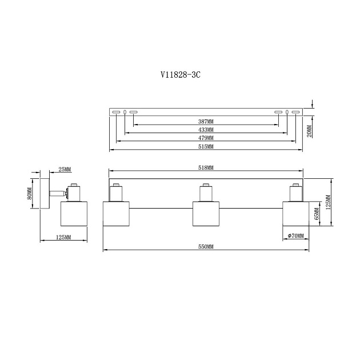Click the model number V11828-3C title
(x=181, y=75)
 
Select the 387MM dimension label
(x=206, y=122)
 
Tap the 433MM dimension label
(x=206, y=130)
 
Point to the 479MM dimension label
(x=206, y=138)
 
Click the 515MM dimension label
(x=206, y=146)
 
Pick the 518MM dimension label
(x=206, y=168)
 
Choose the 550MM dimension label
(x=206, y=247)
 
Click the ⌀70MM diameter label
(x=296, y=235)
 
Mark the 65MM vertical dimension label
(x=317, y=214)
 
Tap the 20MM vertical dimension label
(x=309, y=131)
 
